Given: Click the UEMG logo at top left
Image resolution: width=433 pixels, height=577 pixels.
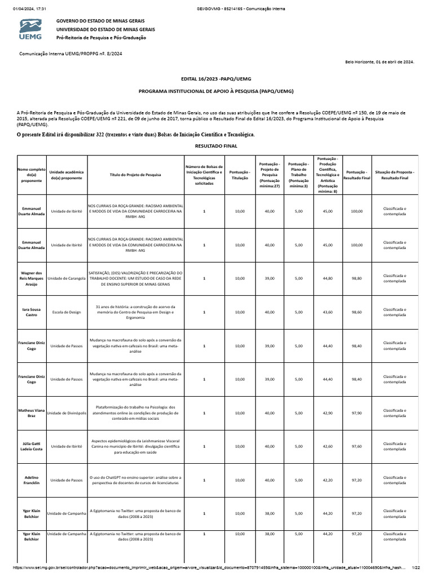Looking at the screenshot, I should [x=30, y=29].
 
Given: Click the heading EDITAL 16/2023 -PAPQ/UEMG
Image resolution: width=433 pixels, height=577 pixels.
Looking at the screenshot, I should [x=216, y=78].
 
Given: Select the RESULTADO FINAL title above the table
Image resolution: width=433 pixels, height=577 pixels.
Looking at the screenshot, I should [x=216, y=146].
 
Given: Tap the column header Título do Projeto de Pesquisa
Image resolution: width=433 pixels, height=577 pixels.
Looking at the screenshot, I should [x=135, y=175].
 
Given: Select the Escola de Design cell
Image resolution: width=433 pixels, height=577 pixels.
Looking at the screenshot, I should [x=67, y=312].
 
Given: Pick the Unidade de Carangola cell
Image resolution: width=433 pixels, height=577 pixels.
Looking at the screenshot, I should [x=67, y=278].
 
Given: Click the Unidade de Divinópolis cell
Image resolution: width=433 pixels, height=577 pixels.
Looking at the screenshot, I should [x=67, y=413].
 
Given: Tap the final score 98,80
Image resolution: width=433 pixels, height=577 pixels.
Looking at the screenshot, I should [x=356, y=278].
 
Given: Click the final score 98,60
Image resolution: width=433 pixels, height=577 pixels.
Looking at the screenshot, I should [x=356, y=312].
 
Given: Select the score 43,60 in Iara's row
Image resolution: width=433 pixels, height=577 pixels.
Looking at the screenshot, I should [x=327, y=312].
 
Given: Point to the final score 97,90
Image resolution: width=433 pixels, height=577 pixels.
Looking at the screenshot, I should [x=356, y=413].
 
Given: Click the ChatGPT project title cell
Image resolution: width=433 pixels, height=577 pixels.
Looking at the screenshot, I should [x=135, y=480].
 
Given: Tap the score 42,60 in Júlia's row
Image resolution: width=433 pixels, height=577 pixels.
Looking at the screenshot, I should [x=327, y=446].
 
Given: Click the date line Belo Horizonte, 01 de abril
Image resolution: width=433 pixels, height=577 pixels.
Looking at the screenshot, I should [x=379, y=62].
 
